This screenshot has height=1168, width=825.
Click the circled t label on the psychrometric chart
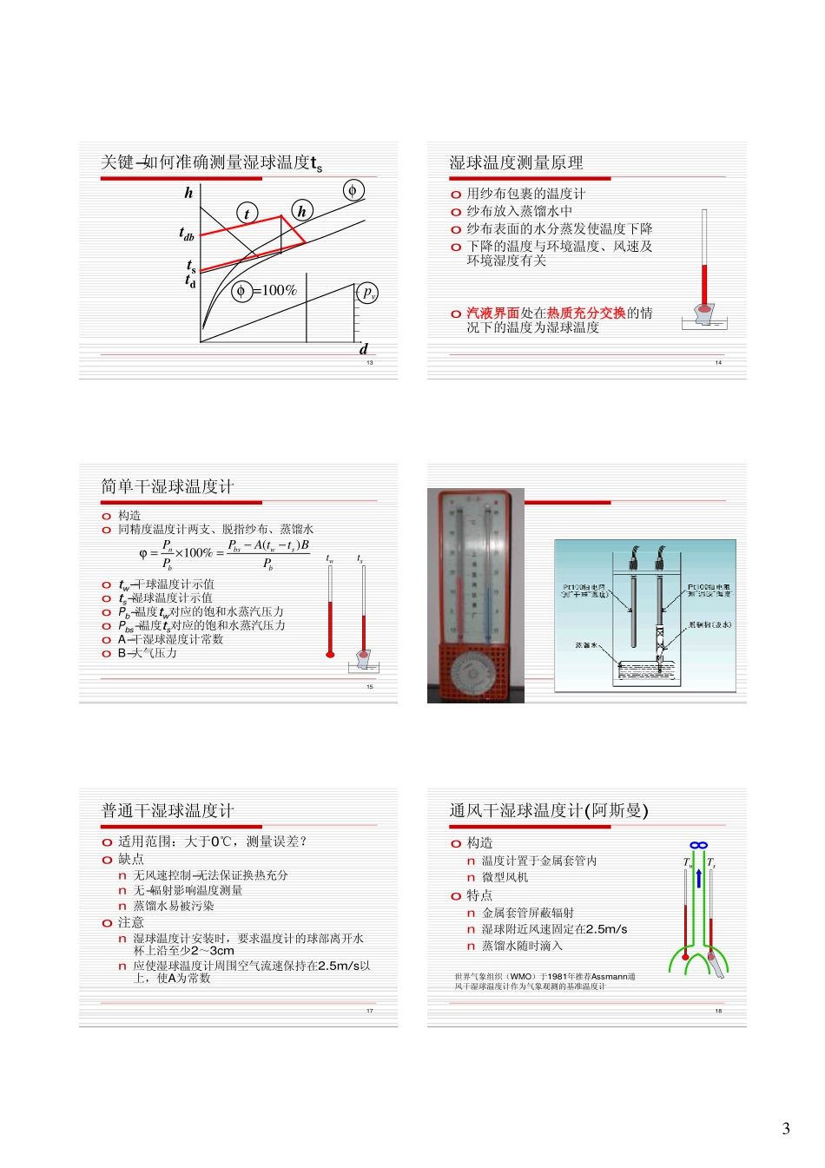[x=247, y=214]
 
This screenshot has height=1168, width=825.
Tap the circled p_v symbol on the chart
[x=367, y=293]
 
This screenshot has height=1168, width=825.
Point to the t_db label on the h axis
[x=187, y=234]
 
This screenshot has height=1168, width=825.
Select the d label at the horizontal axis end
[x=364, y=349]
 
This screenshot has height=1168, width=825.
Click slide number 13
[x=370, y=363]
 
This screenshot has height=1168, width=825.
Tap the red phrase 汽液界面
[x=492, y=313]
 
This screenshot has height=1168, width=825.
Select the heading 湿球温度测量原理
[x=516, y=163]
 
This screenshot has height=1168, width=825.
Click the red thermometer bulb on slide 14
[x=704, y=308]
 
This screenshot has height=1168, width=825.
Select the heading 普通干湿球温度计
[x=168, y=811]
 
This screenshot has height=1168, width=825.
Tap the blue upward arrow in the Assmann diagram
[x=698, y=877]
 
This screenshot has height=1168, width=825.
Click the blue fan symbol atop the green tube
[x=698, y=845]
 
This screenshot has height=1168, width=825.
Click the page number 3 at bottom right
[x=786, y=1129]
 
